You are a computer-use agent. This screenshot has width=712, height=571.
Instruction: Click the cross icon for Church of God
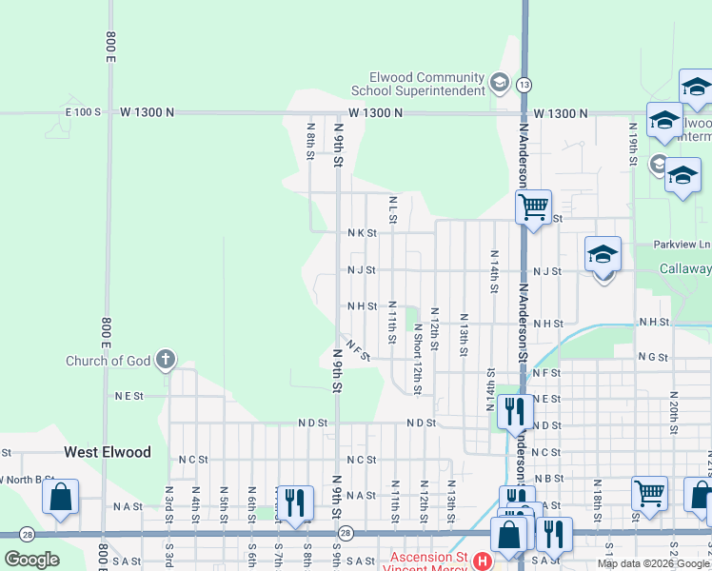coord(166,360)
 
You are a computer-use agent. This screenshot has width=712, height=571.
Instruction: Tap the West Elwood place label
coord(107,452)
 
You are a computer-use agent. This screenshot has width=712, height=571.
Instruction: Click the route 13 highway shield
coord(524,85)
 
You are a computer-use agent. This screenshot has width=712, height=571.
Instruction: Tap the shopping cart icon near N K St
coord(534,205)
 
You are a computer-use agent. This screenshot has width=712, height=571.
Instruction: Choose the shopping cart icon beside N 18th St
coord(649,492)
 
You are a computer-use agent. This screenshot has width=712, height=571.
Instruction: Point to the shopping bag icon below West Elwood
coord(60,497)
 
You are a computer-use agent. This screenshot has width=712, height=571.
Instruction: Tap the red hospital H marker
coord(483,561)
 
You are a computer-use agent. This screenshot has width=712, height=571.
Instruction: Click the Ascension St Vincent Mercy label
coord(425,561)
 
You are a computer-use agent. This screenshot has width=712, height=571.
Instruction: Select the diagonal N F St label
coord(358,350)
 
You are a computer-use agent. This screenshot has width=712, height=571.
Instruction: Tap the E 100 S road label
coord(83,112)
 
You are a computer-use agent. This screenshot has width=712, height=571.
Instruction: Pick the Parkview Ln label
coord(682,245)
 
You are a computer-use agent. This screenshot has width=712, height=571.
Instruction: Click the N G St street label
coord(653,357)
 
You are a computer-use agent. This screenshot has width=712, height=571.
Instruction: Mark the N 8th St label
coord(310,140)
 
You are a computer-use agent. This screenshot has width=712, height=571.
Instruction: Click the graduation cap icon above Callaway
coord(603,254)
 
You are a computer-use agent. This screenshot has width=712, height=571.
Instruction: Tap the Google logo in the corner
coord(31,559)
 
